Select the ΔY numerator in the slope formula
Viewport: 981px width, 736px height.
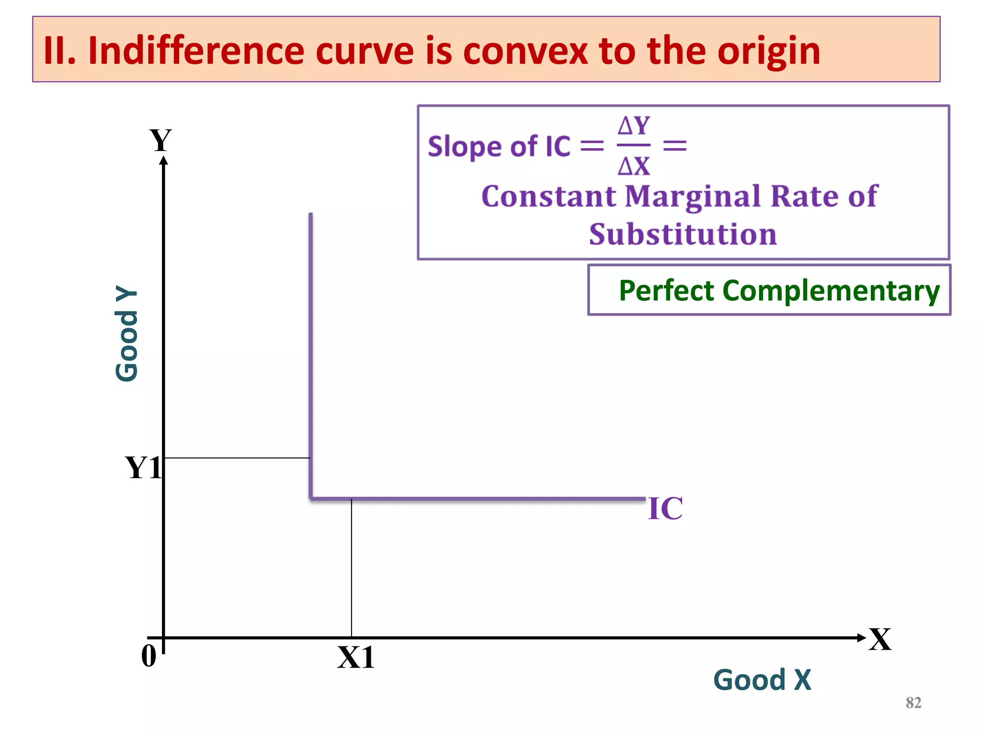[x=633, y=126]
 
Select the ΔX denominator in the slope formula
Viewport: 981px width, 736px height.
[x=633, y=166]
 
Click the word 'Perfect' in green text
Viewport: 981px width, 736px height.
[x=666, y=290]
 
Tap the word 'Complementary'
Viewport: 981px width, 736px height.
[x=831, y=291]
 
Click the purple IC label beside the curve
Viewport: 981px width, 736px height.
[x=665, y=508]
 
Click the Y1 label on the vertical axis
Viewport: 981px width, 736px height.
[x=143, y=468]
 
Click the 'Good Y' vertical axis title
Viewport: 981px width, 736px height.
[x=127, y=333]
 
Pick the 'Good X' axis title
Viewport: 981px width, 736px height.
[x=762, y=679]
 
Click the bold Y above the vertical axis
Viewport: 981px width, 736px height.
[x=160, y=140]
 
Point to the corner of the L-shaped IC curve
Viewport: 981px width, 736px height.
[x=311, y=499]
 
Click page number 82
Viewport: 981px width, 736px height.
[x=913, y=702]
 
